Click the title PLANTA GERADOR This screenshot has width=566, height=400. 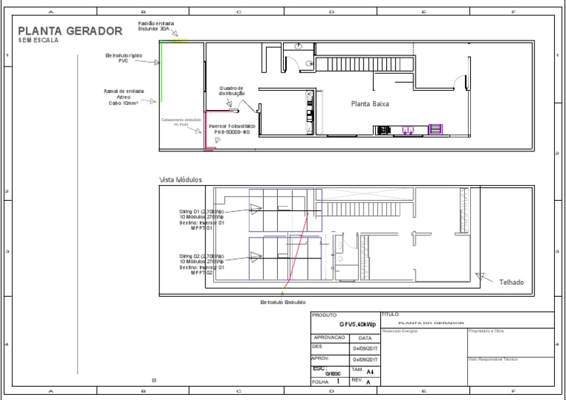click(x=70, y=31)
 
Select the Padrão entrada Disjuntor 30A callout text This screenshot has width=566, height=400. click(x=156, y=26)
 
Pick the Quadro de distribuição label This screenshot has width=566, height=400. click(x=231, y=92)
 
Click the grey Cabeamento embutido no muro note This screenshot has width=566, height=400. click(x=181, y=122)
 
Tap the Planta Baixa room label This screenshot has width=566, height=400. click(x=370, y=104)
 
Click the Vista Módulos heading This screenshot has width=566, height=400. click(x=181, y=179)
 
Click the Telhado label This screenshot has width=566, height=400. click(x=511, y=282)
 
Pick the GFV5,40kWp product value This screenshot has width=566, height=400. click(x=357, y=324)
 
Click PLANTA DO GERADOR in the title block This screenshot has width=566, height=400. click(x=430, y=323)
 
